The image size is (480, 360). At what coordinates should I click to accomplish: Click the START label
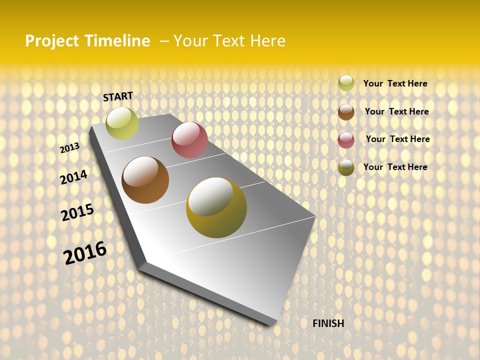coord(118,96)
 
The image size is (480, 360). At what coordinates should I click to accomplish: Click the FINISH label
coord(328,323)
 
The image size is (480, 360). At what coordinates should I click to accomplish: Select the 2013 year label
coord(69,148)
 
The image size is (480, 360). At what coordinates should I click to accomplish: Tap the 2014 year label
coord(73,177)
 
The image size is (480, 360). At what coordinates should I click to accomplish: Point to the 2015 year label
coord(77,212)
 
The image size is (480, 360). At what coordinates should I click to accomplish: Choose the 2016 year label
coord(85,253)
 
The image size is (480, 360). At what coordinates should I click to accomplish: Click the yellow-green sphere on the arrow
coord(122,123)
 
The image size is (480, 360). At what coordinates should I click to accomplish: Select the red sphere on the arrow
coord(189,140)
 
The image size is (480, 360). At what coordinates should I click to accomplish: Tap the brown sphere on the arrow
coord(145,180)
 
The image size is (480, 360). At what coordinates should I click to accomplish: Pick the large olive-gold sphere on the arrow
coord(216,207)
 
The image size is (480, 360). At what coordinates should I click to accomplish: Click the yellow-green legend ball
coord(346,83)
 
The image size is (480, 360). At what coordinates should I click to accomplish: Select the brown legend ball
coord(346,112)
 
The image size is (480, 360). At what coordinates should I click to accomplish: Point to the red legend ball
coord(346,140)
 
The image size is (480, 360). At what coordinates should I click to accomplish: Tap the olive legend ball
coord(346,167)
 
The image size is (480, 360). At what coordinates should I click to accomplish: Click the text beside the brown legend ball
coord(396,111)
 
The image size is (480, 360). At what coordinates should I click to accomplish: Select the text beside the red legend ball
coord(397,139)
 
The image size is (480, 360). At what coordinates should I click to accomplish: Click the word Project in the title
coord(52,41)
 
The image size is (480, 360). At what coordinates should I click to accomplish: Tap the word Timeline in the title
coord(117,41)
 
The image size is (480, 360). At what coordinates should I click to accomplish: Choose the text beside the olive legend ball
coord(395,167)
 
